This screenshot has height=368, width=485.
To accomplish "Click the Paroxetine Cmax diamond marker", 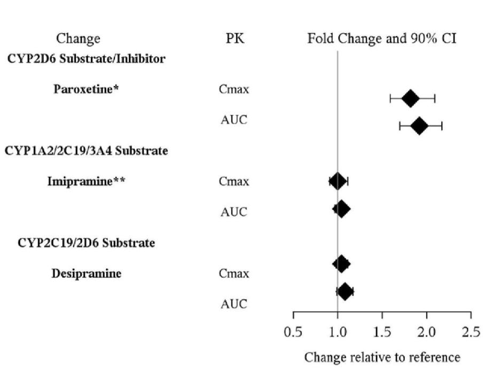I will click(x=410, y=98).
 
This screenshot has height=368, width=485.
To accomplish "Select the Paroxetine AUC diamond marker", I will click(x=419, y=127).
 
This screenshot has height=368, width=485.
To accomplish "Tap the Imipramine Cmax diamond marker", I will click(x=337, y=181).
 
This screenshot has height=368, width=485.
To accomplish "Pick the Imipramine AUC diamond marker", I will click(x=342, y=209).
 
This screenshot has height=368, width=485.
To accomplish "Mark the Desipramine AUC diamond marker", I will click(x=345, y=292).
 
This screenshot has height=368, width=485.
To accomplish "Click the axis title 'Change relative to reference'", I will click(x=382, y=356).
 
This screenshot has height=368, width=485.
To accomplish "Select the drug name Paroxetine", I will click(x=86, y=89).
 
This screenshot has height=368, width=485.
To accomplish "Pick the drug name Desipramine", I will click(x=87, y=274).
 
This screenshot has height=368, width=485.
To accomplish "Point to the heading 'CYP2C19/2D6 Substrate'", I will click(x=87, y=243).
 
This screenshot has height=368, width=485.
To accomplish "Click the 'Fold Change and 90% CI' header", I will click(x=381, y=39).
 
